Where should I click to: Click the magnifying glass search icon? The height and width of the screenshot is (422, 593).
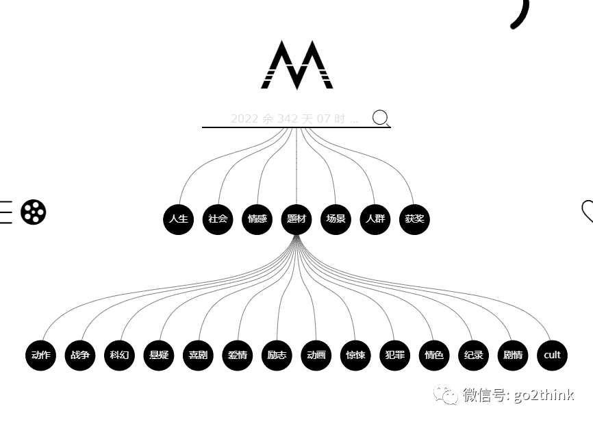click(x=381, y=119)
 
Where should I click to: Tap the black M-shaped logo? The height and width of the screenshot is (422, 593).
click(x=296, y=65)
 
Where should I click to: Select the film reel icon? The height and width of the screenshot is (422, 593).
click(x=33, y=212)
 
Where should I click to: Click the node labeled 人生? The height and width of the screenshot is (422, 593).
click(x=179, y=219)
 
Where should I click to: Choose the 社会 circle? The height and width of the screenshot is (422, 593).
click(x=218, y=219)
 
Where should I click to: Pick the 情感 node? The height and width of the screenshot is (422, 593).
click(x=257, y=219)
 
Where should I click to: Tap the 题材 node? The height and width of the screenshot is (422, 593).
click(x=296, y=219)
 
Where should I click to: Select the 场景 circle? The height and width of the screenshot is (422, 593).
click(x=336, y=219)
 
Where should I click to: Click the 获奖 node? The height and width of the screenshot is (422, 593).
click(x=414, y=219)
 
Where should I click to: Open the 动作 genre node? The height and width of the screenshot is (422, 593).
click(x=41, y=355)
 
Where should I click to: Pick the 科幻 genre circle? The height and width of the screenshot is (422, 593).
click(x=119, y=355)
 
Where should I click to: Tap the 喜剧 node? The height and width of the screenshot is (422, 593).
click(x=198, y=355)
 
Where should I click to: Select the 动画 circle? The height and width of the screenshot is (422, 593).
click(x=316, y=355)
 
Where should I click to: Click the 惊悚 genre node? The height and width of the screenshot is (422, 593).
click(x=355, y=355)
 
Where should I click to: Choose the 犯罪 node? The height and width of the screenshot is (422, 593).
click(x=395, y=355)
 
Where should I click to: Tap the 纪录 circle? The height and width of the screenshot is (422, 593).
click(x=474, y=355)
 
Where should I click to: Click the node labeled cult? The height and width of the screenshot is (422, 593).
click(x=552, y=355)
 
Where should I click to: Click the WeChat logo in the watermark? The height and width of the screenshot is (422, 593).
click(x=449, y=395)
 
